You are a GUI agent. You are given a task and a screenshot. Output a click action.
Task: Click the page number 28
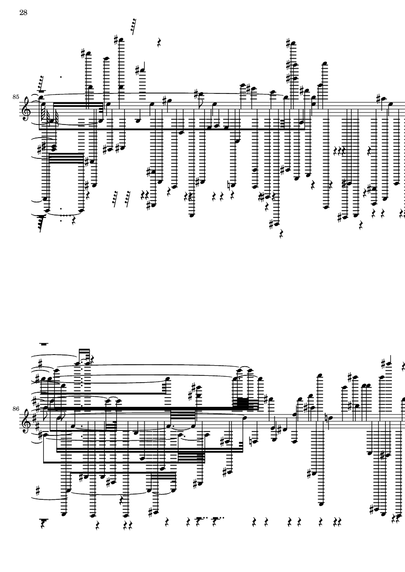[x=23, y=13]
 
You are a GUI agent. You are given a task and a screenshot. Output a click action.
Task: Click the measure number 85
[x=16, y=97]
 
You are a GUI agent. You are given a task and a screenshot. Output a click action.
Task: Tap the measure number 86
[x=16, y=409]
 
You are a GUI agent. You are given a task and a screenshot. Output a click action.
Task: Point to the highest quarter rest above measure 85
[x=159, y=43]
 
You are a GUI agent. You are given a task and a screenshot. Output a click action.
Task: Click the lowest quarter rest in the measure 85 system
[x=281, y=234]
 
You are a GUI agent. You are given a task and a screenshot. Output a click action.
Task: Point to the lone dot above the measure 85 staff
[x=61, y=77]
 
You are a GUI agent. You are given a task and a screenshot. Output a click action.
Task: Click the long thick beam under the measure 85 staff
[x=172, y=129]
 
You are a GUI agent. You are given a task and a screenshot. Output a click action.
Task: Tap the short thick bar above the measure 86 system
[x=44, y=344]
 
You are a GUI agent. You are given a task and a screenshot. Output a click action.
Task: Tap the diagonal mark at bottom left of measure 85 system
[x=41, y=223]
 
